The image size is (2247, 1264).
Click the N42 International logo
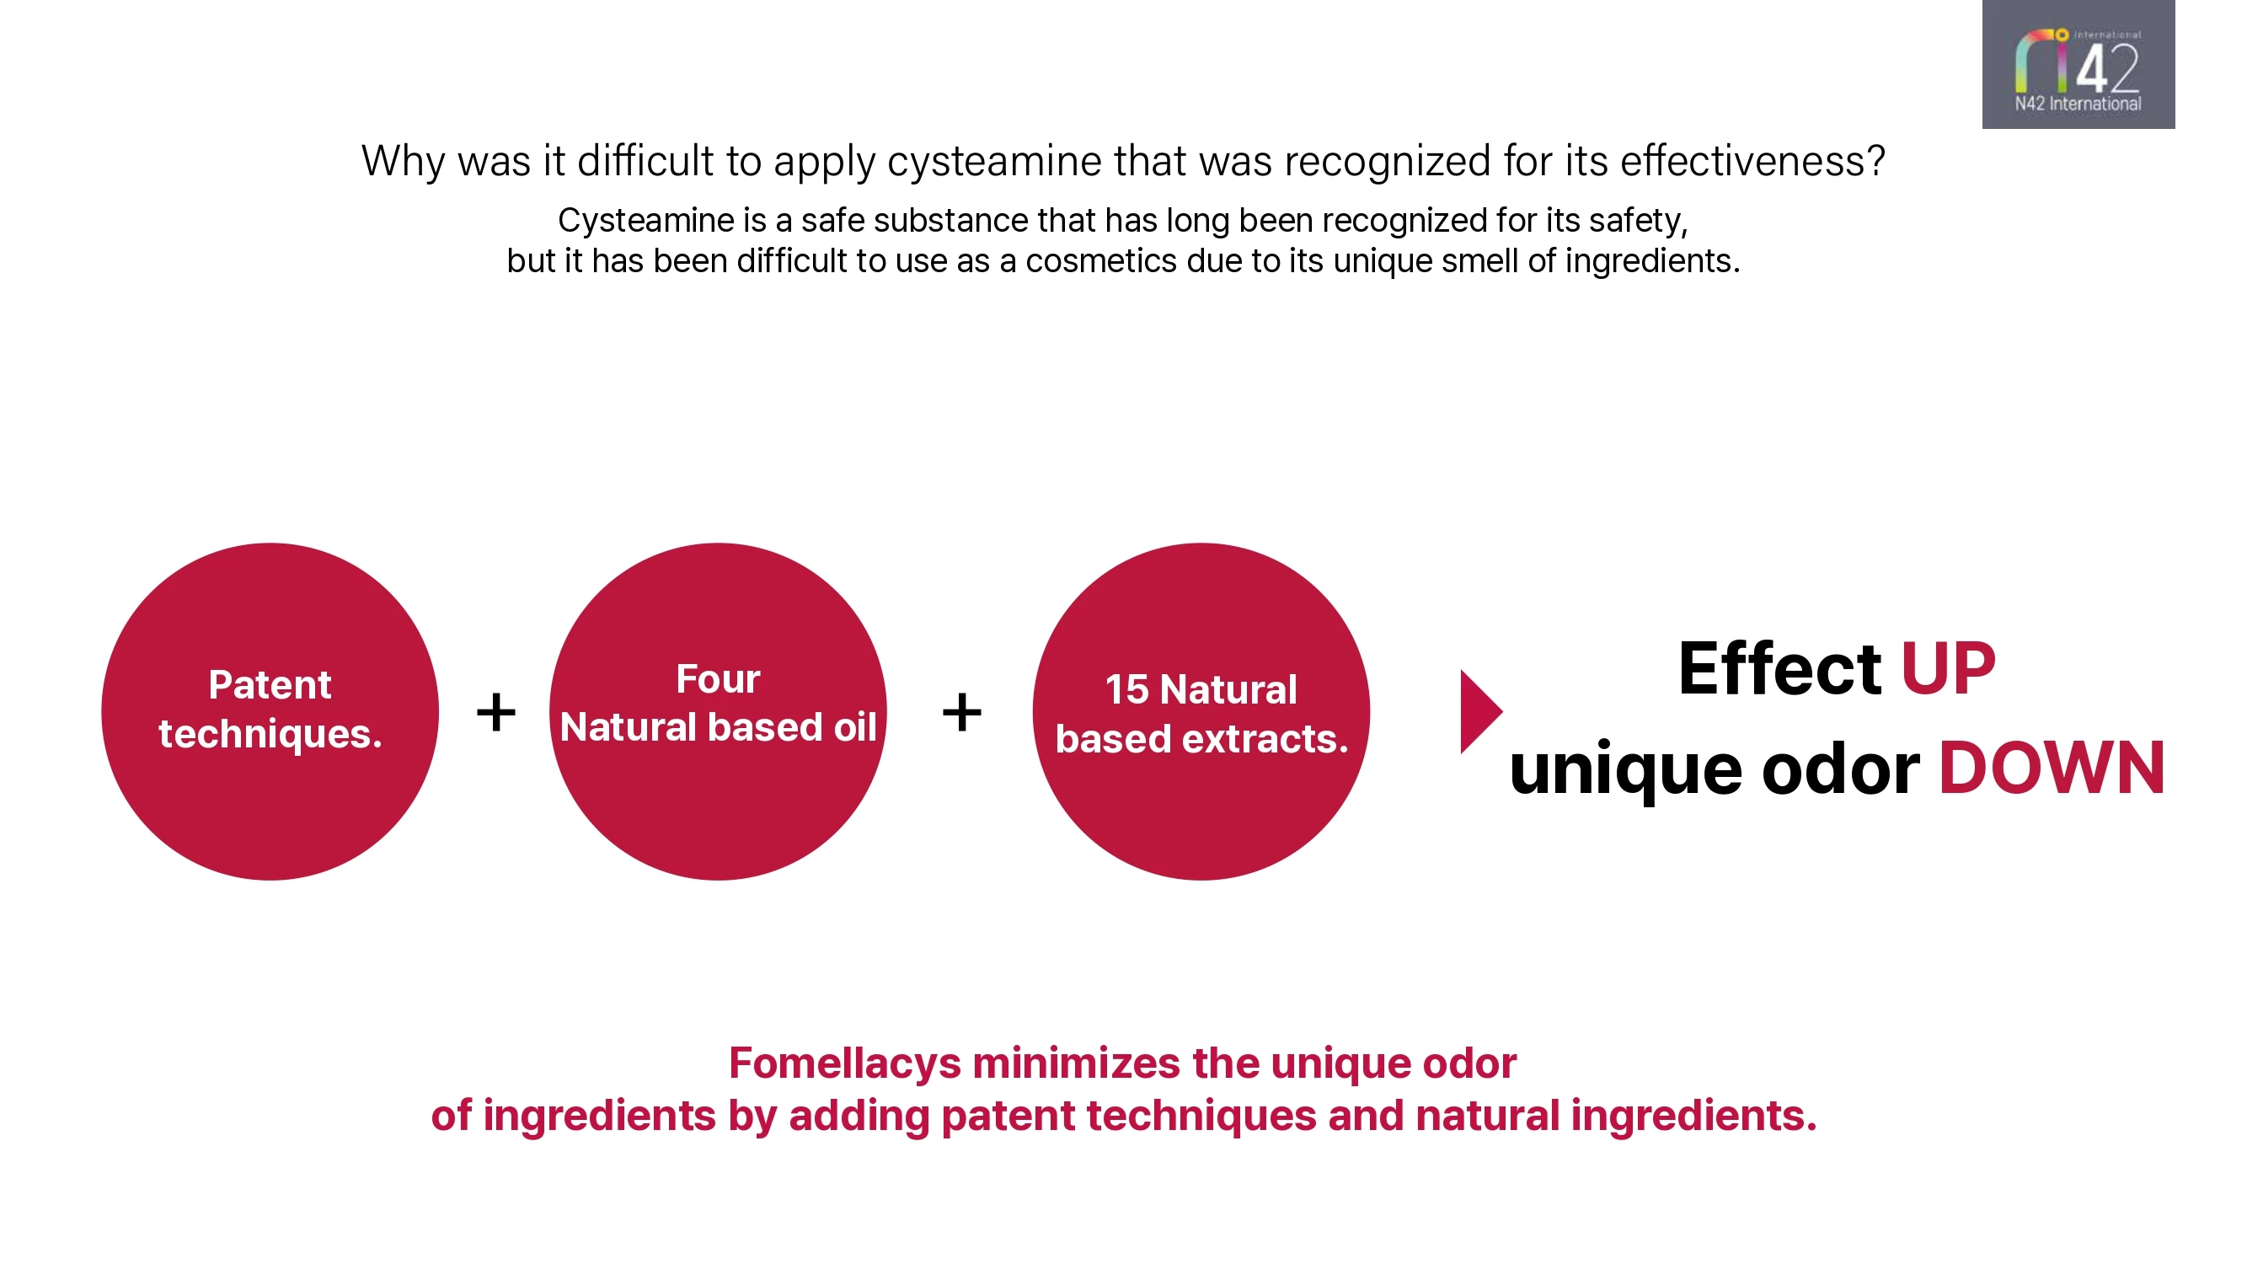pos(2078,66)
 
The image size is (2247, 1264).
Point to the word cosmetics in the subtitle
pos(1101,261)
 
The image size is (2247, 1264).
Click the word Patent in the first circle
pos(270,685)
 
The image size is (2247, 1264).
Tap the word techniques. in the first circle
pos(270,734)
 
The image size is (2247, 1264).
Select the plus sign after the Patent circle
pos(495,712)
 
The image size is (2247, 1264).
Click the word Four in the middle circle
pos(718,679)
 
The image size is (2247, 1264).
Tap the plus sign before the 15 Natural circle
pos(961,712)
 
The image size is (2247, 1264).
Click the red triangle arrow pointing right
pos(1478,712)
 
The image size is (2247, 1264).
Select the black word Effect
pos(1779,669)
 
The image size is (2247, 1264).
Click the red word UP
pos(1947,669)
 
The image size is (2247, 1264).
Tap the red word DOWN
pos(2051,769)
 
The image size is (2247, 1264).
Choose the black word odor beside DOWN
pos(1840,769)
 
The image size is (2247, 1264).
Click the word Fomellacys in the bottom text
pos(844,1063)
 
